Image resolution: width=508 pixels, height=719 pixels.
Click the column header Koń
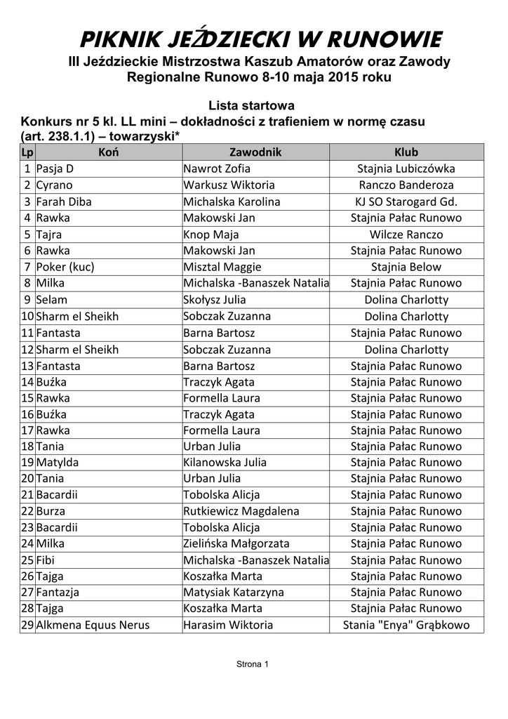tap(108, 152)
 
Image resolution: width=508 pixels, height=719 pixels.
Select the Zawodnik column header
tap(255, 152)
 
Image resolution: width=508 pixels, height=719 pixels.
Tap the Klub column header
tap(406, 152)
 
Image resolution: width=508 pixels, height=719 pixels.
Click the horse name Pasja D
tap(55, 169)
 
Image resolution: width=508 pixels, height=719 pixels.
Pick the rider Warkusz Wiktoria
tap(229, 185)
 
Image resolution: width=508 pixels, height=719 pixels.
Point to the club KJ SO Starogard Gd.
tap(406, 202)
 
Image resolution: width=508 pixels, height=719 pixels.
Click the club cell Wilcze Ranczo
tap(406, 235)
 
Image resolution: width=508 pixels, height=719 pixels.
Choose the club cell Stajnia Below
tap(406, 267)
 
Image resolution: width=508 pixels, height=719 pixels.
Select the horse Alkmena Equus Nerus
tap(93, 625)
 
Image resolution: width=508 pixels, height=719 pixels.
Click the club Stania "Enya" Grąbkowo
tap(406, 625)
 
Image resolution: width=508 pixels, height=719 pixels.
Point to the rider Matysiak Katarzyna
tap(234, 592)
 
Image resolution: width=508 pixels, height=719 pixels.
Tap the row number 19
tap(27, 463)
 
